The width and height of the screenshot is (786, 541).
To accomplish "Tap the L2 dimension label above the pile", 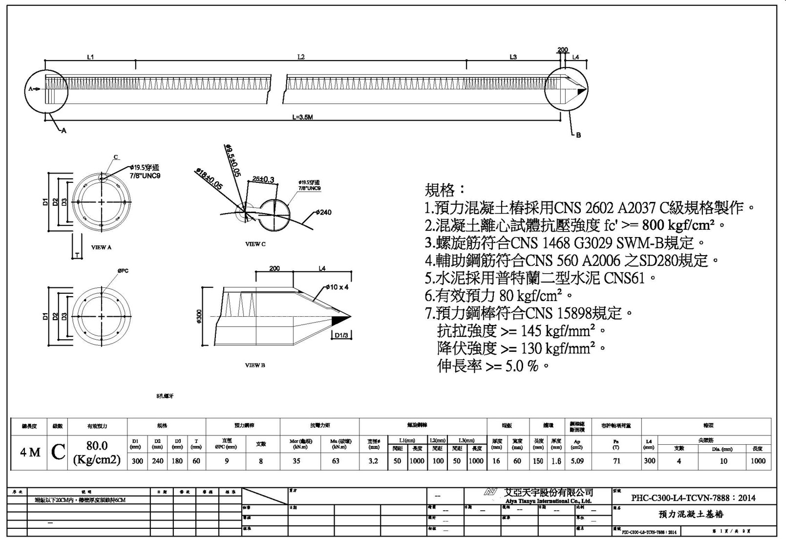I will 301,57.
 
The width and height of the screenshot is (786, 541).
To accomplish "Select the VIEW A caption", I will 101,247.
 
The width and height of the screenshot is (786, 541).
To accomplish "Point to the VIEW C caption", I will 255,244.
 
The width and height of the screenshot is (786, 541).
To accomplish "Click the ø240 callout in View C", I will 323,212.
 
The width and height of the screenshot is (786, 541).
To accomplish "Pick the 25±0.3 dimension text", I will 263,179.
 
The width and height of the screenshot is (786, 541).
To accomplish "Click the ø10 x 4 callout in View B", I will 338,287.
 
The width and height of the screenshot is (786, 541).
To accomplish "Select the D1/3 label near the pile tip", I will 341,335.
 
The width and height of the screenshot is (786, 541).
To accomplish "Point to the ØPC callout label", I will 123,271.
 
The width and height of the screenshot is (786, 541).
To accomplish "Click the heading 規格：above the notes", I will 445,190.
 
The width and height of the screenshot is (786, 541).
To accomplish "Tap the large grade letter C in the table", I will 58,452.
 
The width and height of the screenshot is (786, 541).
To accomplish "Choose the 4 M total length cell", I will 30,453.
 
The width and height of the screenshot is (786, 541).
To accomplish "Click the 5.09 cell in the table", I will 577,460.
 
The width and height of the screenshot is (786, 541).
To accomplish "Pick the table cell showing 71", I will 616,460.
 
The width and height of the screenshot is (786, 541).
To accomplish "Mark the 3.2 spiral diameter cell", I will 373,460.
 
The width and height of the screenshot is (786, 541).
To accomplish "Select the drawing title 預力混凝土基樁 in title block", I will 691,514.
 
